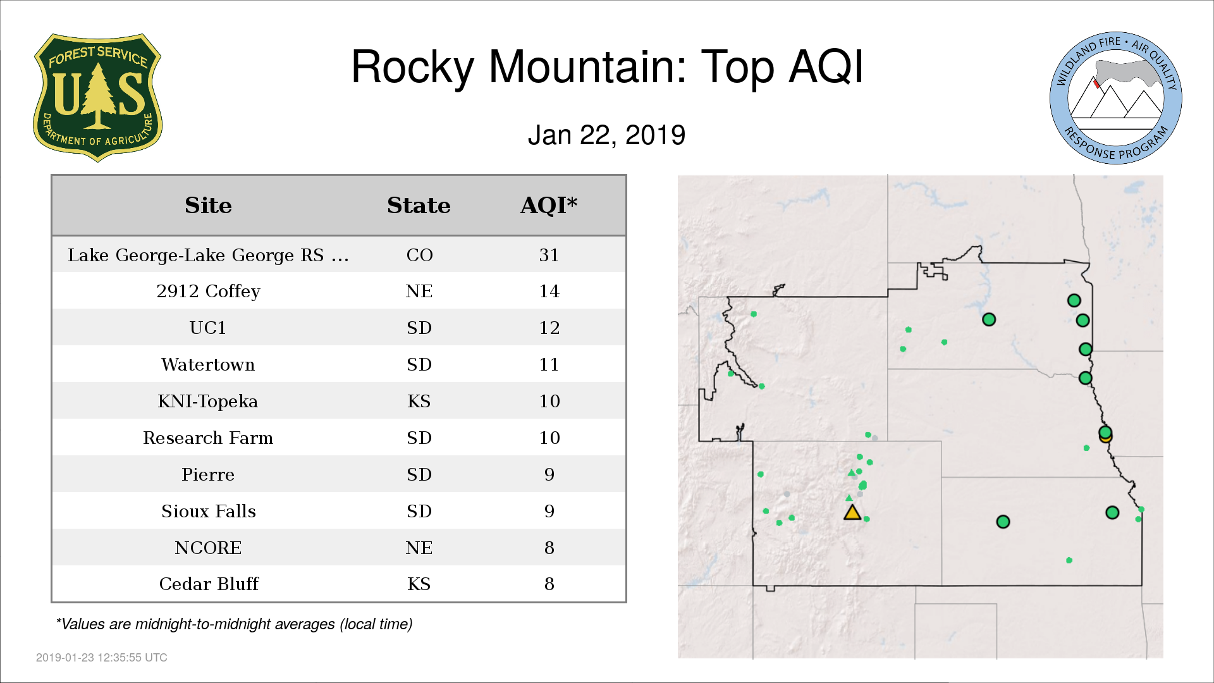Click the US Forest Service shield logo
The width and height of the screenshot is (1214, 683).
click(x=97, y=97)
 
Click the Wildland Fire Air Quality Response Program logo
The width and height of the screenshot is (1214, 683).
click(x=1116, y=98)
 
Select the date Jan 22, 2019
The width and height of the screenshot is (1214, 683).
click(x=606, y=135)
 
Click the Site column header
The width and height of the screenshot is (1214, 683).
click(x=208, y=206)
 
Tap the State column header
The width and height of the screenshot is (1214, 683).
click(x=419, y=206)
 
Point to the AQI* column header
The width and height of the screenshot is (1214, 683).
click(x=549, y=206)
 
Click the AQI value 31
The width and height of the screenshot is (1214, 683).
click(x=549, y=255)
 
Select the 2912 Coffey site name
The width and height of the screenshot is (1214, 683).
click(x=208, y=292)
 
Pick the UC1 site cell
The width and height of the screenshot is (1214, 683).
click(x=208, y=328)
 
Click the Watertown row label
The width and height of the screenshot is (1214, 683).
click(x=208, y=364)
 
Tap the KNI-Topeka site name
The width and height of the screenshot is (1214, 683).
click(x=208, y=401)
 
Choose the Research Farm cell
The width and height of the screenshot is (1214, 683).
click(x=208, y=438)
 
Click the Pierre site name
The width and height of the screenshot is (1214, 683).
click(x=208, y=474)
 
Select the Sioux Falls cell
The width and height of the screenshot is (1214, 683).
click(x=209, y=511)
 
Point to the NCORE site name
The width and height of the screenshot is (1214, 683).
click(x=208, y=548)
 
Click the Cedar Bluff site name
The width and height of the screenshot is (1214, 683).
click(x=209, y=584)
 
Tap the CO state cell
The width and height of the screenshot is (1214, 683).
click(x=419, y=255)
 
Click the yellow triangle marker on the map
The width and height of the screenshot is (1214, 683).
click(x=852, y=513)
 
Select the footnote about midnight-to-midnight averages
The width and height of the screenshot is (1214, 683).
click(x=234, y=624)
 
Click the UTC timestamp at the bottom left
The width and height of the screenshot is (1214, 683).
click(x=102, y=658)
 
